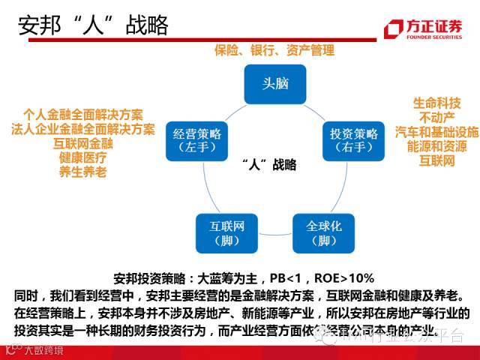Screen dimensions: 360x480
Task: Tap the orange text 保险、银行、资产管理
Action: coord(273,50)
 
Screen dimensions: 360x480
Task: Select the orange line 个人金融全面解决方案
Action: coord(82,115)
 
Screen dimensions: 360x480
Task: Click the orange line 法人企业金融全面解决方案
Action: coord(82,129)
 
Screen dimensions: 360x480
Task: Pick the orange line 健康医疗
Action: coord(82,157)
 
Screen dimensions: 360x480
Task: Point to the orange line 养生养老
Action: coord(82,172)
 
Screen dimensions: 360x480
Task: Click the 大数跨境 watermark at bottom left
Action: coord(41,350)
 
